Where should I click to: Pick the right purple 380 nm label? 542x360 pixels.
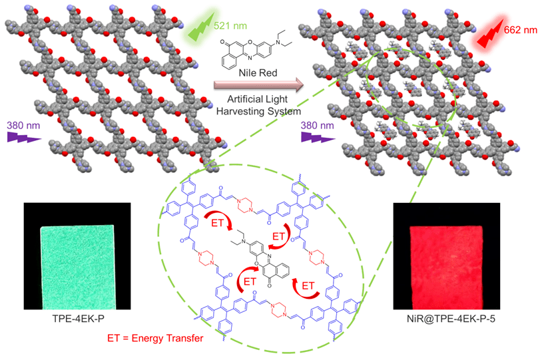click(318, 124)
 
